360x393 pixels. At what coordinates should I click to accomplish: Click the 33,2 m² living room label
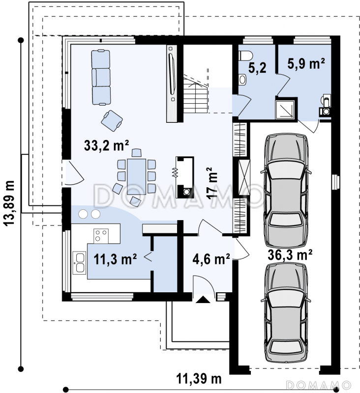[106, 145]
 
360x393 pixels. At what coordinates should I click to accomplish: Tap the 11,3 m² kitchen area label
[115, 259]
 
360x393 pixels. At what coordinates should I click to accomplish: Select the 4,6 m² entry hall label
[211, 259]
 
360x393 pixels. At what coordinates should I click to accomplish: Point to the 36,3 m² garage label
[290, 255]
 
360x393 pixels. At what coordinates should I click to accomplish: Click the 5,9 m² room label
[306, 63]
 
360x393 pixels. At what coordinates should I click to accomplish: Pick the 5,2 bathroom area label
[257, 68]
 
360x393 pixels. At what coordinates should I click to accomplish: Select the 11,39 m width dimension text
[199, 379]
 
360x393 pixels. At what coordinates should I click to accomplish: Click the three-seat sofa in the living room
[101, 77]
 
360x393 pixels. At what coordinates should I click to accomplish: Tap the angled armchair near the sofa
[112, 121]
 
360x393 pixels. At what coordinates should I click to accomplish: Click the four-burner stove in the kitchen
[101, 236]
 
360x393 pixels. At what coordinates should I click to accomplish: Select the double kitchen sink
[79, 263]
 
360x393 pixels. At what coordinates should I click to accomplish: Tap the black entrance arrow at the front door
[203, 300]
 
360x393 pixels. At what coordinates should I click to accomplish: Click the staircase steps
[195, 95]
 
